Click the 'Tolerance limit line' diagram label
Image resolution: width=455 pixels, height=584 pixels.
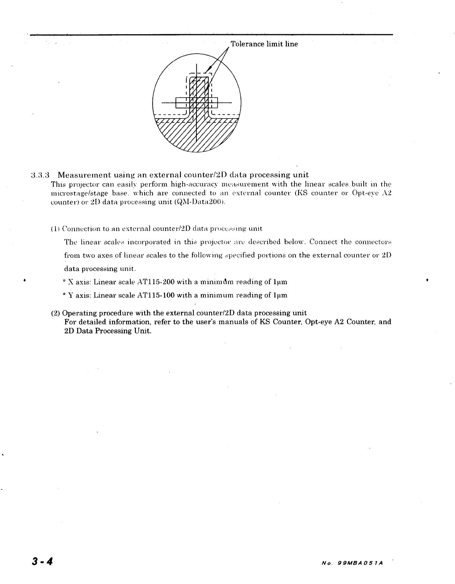(x=264, y=44)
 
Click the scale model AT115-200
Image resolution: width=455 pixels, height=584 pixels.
(x=156, y=282)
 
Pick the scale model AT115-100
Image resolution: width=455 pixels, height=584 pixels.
(x=156, y=295)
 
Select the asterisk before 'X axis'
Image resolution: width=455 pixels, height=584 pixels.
(x=64, y=282)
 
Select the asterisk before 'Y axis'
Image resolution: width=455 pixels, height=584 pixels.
(x=64, y=295)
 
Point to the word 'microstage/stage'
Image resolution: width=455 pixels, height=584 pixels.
(x=79, y=193)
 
